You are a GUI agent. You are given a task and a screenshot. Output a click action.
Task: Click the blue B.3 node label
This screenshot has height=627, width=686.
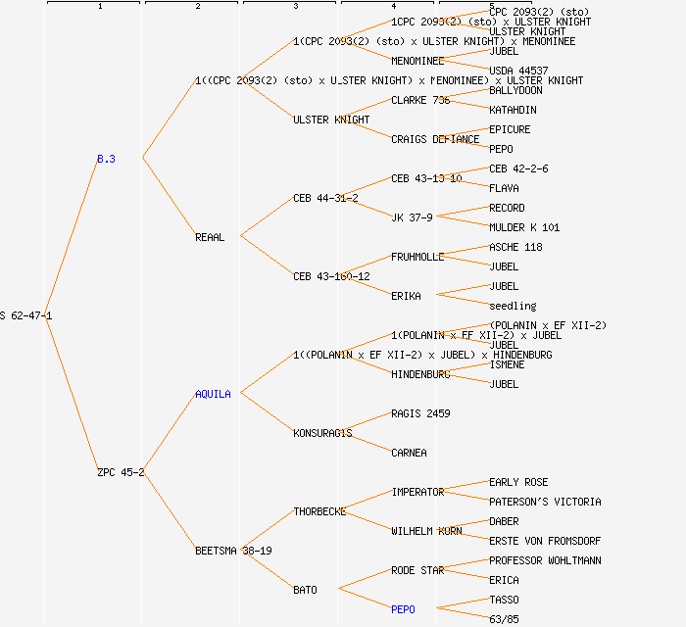(106, 159)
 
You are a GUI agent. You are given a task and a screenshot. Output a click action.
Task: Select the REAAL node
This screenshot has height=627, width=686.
(210, 237)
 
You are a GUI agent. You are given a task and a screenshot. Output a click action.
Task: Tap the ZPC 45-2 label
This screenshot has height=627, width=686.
(121, 472)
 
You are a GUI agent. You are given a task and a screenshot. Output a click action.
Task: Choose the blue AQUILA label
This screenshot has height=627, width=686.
(213, 394)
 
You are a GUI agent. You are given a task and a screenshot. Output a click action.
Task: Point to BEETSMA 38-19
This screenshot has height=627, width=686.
(233, 551)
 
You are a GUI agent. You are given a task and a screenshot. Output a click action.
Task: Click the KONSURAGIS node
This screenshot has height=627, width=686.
(322, 433)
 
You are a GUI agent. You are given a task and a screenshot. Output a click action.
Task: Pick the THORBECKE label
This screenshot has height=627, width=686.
(319, 511)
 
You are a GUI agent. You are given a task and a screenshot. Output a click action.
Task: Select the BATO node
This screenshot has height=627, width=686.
(305, 590)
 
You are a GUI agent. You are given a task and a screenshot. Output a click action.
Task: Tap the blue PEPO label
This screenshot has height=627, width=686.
(403, 609)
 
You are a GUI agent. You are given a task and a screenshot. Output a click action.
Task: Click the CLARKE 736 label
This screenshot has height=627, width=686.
(420, 100)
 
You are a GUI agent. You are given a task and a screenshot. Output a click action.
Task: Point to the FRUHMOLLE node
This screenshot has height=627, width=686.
(417, 257)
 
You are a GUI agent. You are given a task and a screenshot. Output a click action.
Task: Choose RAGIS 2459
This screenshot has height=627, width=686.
(420, 413)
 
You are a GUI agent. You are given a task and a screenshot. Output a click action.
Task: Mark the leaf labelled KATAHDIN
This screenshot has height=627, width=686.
(513, 110)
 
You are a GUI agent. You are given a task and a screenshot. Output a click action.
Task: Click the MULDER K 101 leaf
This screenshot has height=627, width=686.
(524, 227)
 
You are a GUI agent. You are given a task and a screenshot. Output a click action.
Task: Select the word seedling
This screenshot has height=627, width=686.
(513, 306)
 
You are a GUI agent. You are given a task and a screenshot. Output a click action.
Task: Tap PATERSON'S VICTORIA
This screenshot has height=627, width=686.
(545, 502)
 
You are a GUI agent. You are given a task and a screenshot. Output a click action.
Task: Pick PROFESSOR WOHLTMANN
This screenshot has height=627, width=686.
(545, 560)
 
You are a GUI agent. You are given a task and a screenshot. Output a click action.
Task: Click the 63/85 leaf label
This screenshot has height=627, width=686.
(504, 619)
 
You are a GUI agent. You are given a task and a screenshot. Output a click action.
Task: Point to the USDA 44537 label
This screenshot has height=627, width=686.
(518, 71)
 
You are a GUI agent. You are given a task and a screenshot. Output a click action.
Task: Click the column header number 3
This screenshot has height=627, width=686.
(295, 7)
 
